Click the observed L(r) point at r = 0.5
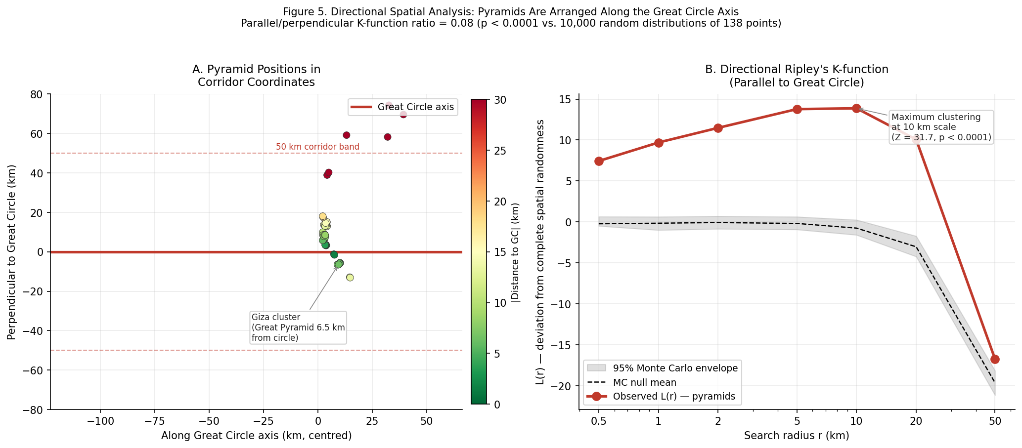(x=599, y=161)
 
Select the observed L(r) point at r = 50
(x=995, y=359)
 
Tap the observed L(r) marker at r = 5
(x=797, y=109)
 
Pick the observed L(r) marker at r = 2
(x=718, y=128)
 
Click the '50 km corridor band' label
(x=317, y=147)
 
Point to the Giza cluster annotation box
(x=298, y=327)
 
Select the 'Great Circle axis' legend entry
(x=401, y=107)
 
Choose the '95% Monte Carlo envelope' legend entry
(x=663, y=368)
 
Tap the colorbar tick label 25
(x=500, y=151)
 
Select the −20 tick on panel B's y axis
(x=563, y=386)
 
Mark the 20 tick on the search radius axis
(x=916, y=421)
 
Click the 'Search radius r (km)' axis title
(x=797, y=436)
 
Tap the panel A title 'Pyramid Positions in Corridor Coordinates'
(x=256, y=76)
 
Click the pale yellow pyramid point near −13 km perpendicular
(x=350, y=278)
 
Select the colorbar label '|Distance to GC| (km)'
(x=516, y=252)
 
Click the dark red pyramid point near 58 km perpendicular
(x=387, y=137)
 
